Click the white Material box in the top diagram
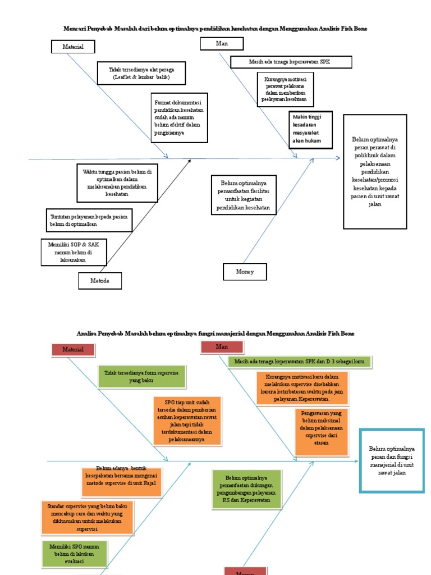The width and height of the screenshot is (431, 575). click(x=73, y=47)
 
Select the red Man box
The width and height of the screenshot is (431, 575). click(x=222, y=347)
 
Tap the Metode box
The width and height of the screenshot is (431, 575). click(x=99, y=281)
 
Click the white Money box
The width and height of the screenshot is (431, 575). click(x=245, y=272)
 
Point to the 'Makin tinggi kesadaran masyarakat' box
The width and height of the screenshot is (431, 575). click(x=311, y=130)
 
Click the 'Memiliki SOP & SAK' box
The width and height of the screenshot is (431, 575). click(x=74, y=252)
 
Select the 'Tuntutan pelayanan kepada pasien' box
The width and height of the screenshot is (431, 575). click(x=89, y=220)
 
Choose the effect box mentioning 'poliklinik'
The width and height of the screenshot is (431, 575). click(x=375, y=172)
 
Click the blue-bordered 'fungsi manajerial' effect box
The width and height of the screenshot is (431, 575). click(x=392, y=460)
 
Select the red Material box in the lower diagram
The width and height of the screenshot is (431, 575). click(x=73, y=349)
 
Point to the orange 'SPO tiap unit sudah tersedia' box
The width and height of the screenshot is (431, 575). click(x=187, y=421)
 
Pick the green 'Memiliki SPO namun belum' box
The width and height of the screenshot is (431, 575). click(x=74, y=554)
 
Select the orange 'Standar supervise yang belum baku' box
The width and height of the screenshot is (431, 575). click(x=87, y=518)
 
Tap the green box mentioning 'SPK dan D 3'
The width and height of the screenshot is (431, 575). click(x=300, y=362)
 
